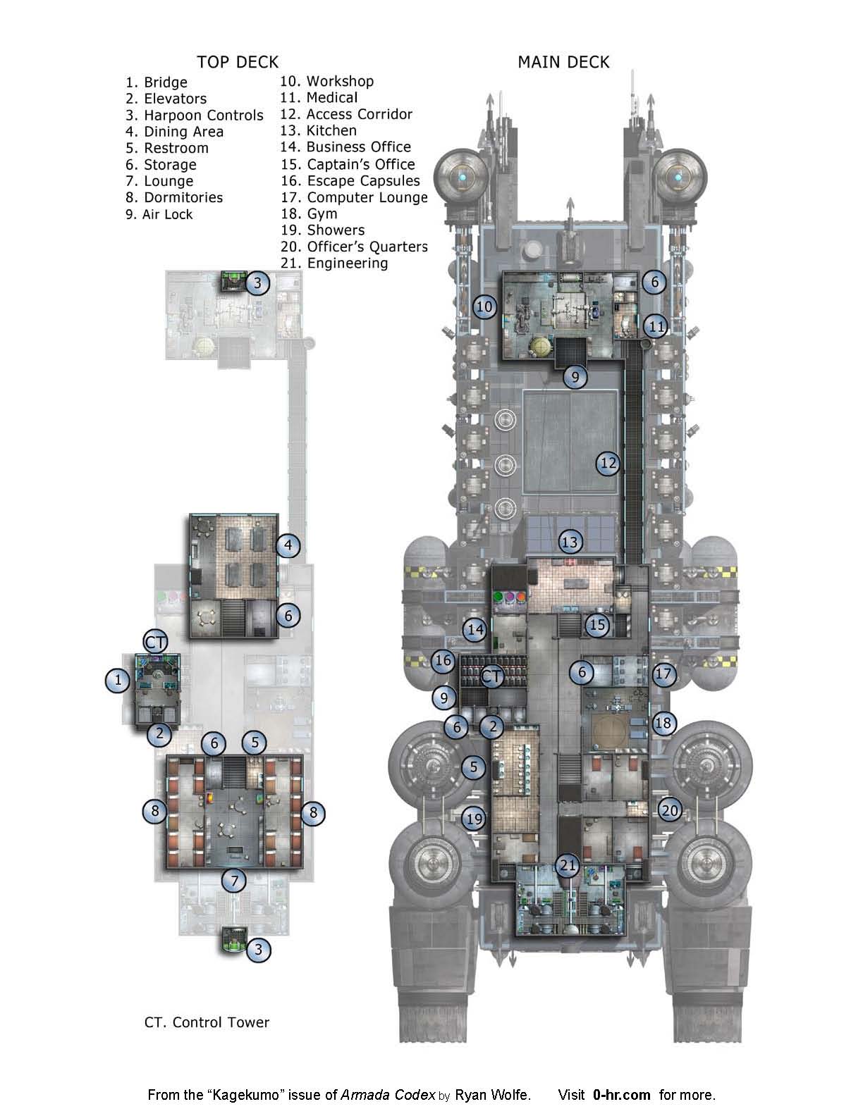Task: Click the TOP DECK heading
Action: point(238,62)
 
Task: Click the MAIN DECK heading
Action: point(563,62)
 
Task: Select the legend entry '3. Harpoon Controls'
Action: point(195,115)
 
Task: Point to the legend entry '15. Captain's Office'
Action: point(348,164)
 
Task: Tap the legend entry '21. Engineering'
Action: point(334,263)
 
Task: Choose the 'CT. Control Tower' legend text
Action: point(207,1022)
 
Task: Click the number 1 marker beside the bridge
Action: point(118,681)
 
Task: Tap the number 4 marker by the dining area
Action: point(288,545)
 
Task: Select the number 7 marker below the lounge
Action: point(234,881)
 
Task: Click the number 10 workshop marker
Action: point(484,307)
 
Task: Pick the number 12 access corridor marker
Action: point(608,464)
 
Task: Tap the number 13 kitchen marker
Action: point(570,542)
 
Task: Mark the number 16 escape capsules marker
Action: point(443,661)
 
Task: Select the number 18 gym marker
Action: point(663,723)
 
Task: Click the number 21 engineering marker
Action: point(568,866)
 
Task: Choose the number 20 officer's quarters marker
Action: point(670,810)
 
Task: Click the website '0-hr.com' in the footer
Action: point(621,1095)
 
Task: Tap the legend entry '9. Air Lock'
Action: point(159,214)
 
